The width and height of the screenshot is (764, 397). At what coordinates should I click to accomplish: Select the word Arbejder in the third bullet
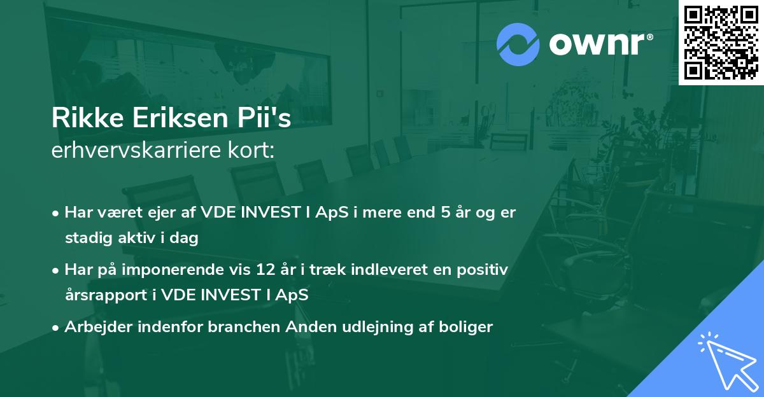[94, 327]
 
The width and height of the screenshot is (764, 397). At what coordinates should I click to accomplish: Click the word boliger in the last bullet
[468, 327]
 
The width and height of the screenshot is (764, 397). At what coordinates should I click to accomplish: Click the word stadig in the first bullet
[86, 239]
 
